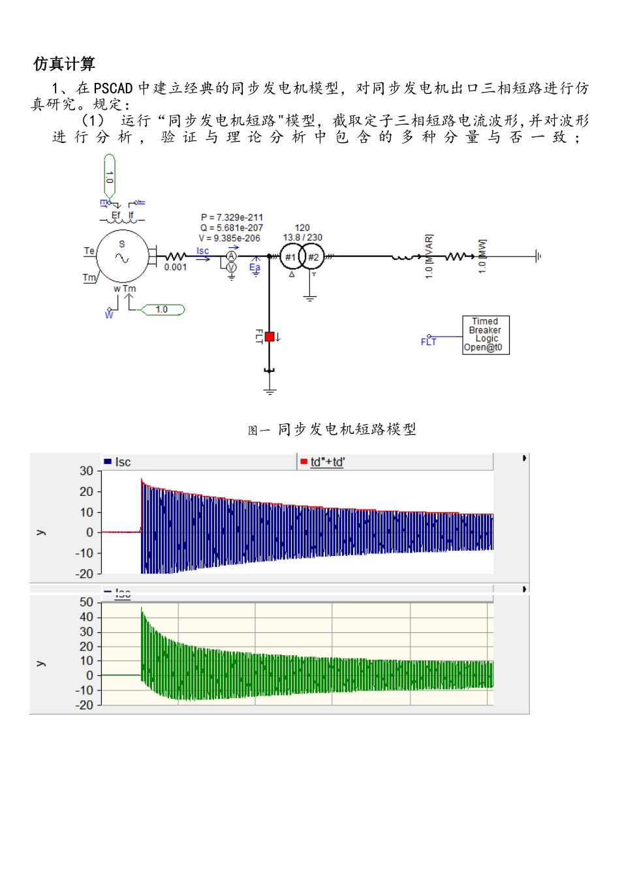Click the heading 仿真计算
tap(64, 64)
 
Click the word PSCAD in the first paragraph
tap(113, 88)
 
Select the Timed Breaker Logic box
tap(485, 335)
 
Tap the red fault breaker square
tap(270, 337)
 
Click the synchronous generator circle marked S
tap(122, 256)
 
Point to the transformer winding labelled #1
tap(291, 257)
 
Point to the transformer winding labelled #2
tap(313, 257)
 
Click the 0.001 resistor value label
tap(176, 268)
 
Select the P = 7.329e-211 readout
tap(232, 217)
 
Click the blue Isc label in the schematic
tap(203, 251)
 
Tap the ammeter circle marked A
tap(231, 257)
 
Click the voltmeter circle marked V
tap(231, 268)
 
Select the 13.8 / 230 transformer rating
tap(302, 238)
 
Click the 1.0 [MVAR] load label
tap(429, 256)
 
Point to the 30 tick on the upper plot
tap(87, 470)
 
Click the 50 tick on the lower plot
tap(87, 602)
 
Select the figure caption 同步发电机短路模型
tap(347, 429)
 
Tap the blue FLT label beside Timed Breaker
tap(428, 341)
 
